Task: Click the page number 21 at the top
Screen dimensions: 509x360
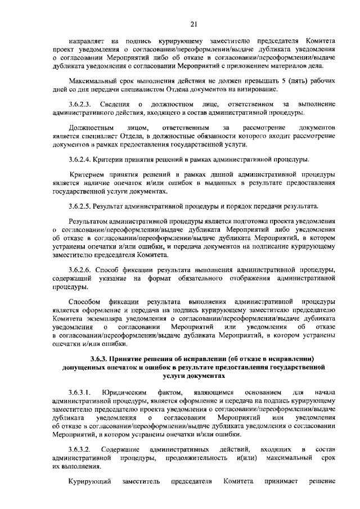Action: click(x=193, y=24)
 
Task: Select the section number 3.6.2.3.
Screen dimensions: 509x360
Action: click(x=79, y=105)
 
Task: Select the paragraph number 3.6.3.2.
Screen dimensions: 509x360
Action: click(x=79, y=449)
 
